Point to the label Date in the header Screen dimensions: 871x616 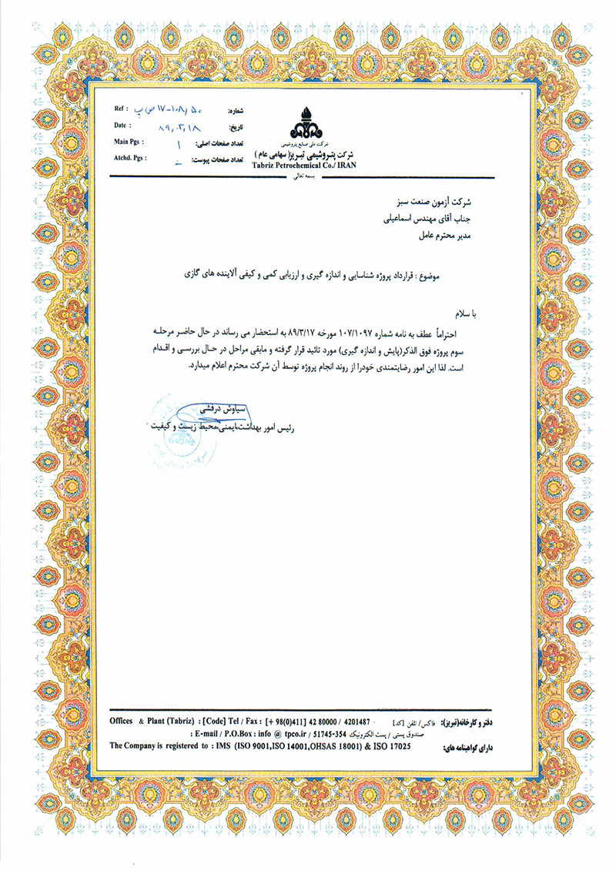pos(120,125)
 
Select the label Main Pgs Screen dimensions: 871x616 pos(129,142)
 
